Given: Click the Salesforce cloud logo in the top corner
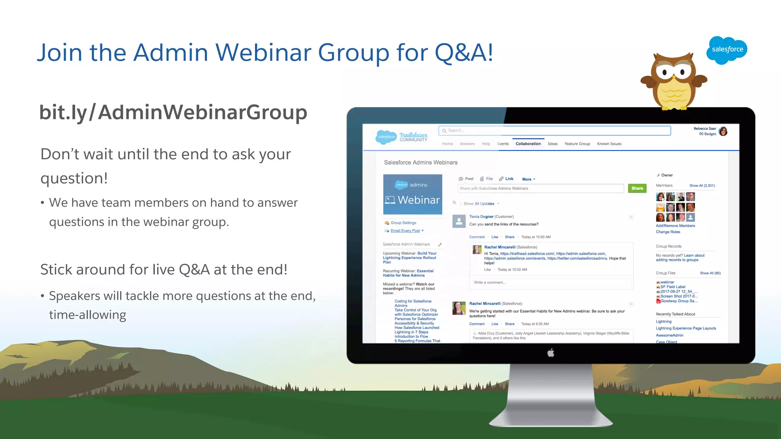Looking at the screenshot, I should [x=727, y=50].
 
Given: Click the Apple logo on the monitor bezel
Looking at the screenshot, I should [x=551, y=353].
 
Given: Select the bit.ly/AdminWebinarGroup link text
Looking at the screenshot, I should [x=173, y=112].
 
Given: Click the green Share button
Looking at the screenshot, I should [x=637, y=188].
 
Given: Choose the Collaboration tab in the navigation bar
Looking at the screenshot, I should [x=528, y=144].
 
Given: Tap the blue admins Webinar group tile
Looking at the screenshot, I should [x=413, y=194].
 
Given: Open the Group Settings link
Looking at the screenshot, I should [x=403, y=223].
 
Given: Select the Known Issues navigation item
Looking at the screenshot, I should [x=609, y=144].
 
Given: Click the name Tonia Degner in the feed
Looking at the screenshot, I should [x=481, y=216].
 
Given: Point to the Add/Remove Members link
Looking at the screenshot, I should [x=675, y=226].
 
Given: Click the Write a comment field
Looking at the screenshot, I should [x=551, y=282].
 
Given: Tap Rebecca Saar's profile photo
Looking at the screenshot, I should [x=723, y=131].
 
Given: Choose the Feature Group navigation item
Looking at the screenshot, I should [x=577, y=144].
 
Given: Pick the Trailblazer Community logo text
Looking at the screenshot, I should [x=413, y=137].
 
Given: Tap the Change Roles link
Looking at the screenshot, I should [x=668, y=232].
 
